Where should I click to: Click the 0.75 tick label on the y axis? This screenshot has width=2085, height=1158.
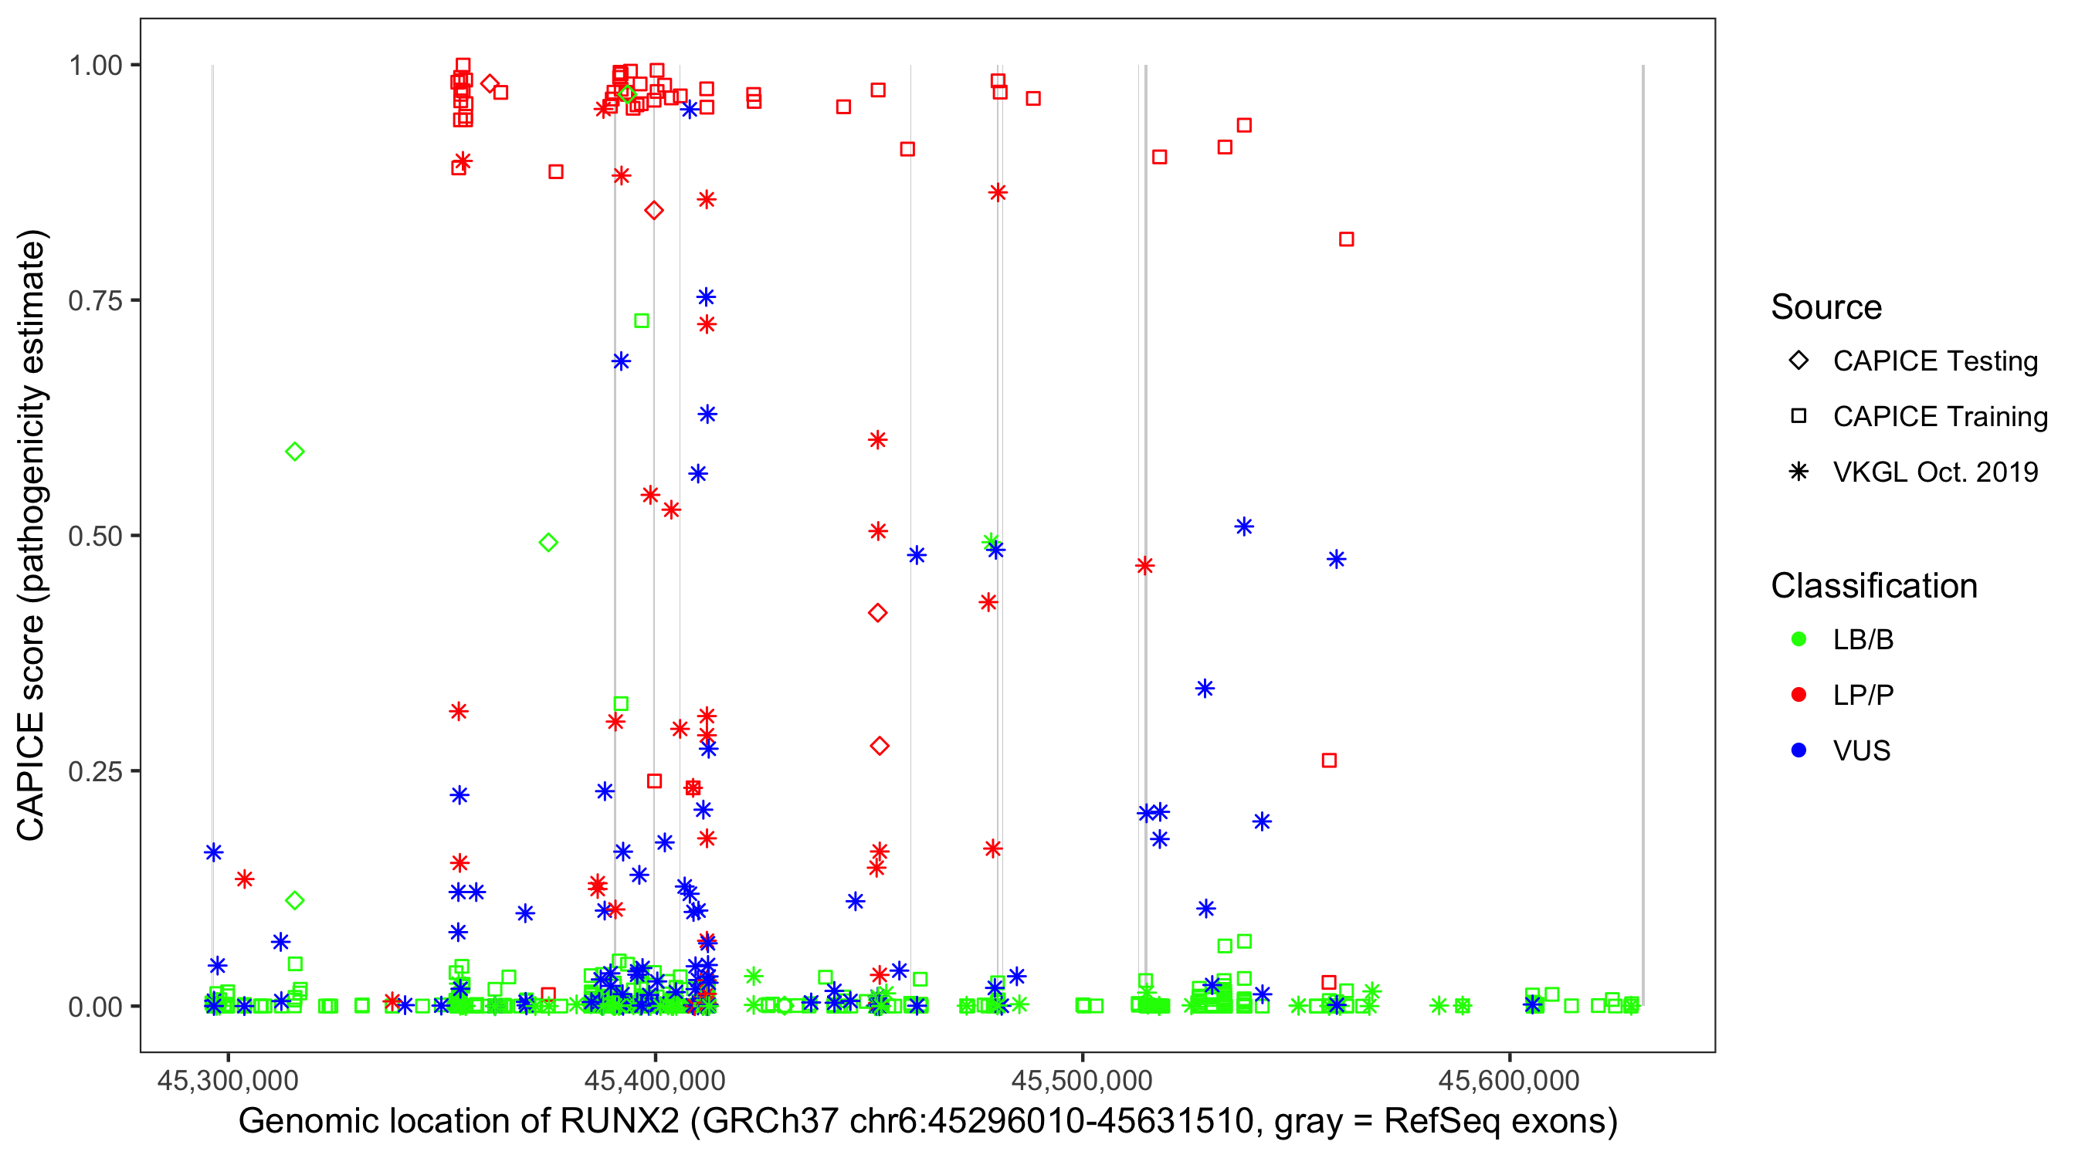click(95, 301)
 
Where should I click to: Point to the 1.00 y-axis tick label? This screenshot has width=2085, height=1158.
click(95, 66)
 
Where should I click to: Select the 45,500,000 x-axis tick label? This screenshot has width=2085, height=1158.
click(1081, 1080)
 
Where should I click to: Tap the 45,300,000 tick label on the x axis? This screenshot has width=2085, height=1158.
click(228, 1080)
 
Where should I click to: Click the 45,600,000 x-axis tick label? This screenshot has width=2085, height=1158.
click(1509, 1080)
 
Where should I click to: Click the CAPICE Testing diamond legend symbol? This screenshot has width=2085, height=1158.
click(1799, 361)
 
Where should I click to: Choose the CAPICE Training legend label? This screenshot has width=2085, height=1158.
click(1940, 417)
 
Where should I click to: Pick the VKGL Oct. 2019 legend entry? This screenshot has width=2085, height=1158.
click(1935, 472)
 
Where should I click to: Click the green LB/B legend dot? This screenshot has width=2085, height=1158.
click(1799, 640)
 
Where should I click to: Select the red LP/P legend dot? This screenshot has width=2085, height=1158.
click(1799, 695)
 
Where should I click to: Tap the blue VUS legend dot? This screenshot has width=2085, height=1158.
click(1799, 751)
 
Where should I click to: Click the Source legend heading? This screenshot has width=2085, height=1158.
click(1826, 307)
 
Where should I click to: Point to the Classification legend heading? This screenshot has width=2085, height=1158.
click(1873, 586)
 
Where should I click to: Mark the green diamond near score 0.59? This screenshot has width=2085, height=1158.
click(295, 452)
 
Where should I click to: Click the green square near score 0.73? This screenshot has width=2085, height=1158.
click(641, 321)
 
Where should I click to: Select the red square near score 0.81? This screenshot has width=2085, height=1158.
click(1346, 239)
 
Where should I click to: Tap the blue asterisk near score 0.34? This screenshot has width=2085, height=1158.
click(1205, 689)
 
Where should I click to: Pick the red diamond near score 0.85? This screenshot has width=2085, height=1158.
click(654, 211)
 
